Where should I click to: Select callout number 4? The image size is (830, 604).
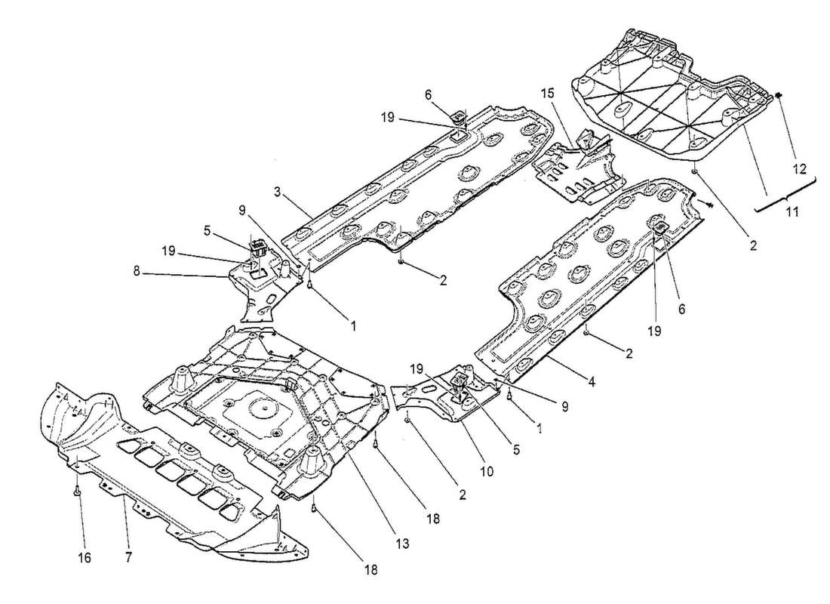591,382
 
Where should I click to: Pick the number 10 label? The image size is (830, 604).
487,471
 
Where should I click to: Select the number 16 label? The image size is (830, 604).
84,557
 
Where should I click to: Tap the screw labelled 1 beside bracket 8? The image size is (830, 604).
309,283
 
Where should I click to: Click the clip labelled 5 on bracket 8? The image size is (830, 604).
257,247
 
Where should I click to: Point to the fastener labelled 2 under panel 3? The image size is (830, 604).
401,261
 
